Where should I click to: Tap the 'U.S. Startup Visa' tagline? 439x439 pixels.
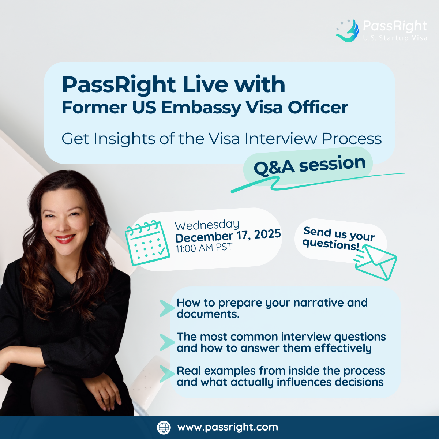tap(395, 38)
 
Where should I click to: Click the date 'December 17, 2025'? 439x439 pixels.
tap(228, 236)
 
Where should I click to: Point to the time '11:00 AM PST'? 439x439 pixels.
tap(204, 248)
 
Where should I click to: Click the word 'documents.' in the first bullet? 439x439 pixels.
tap(208, 314)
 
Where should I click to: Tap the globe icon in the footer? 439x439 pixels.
tap(164, 427)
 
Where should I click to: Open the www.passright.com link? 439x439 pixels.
tap(228, 427)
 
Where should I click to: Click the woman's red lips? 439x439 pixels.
tap(65, 239)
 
